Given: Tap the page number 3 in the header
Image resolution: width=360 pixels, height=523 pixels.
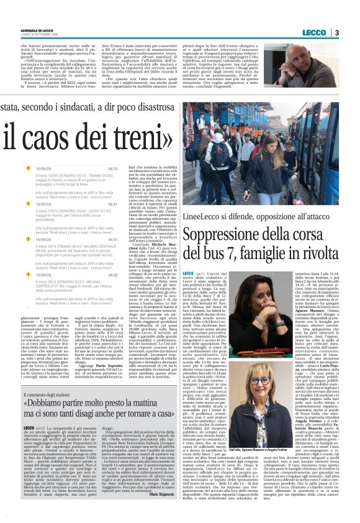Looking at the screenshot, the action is [336, 32].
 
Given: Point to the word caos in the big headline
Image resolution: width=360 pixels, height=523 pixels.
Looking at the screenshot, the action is [58, 134].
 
